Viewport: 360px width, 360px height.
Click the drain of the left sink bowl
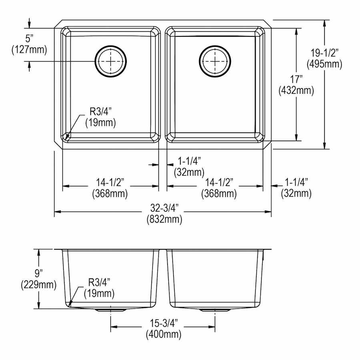(x=111, y=61)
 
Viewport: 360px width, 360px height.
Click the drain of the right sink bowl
(x=215, y=61)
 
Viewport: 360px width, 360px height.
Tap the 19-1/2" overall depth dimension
(x=324, y=53)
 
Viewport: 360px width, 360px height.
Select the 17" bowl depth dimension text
(x=296, y=80)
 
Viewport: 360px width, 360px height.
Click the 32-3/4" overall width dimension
(x=164, y=208)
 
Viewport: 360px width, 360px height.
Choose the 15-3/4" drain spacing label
(x=164, y=323)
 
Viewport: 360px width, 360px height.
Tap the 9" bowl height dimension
(x=39, y=273)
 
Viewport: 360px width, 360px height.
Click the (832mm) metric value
(x=164, y=219)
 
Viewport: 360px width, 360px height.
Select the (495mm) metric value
(x=324, y=64)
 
